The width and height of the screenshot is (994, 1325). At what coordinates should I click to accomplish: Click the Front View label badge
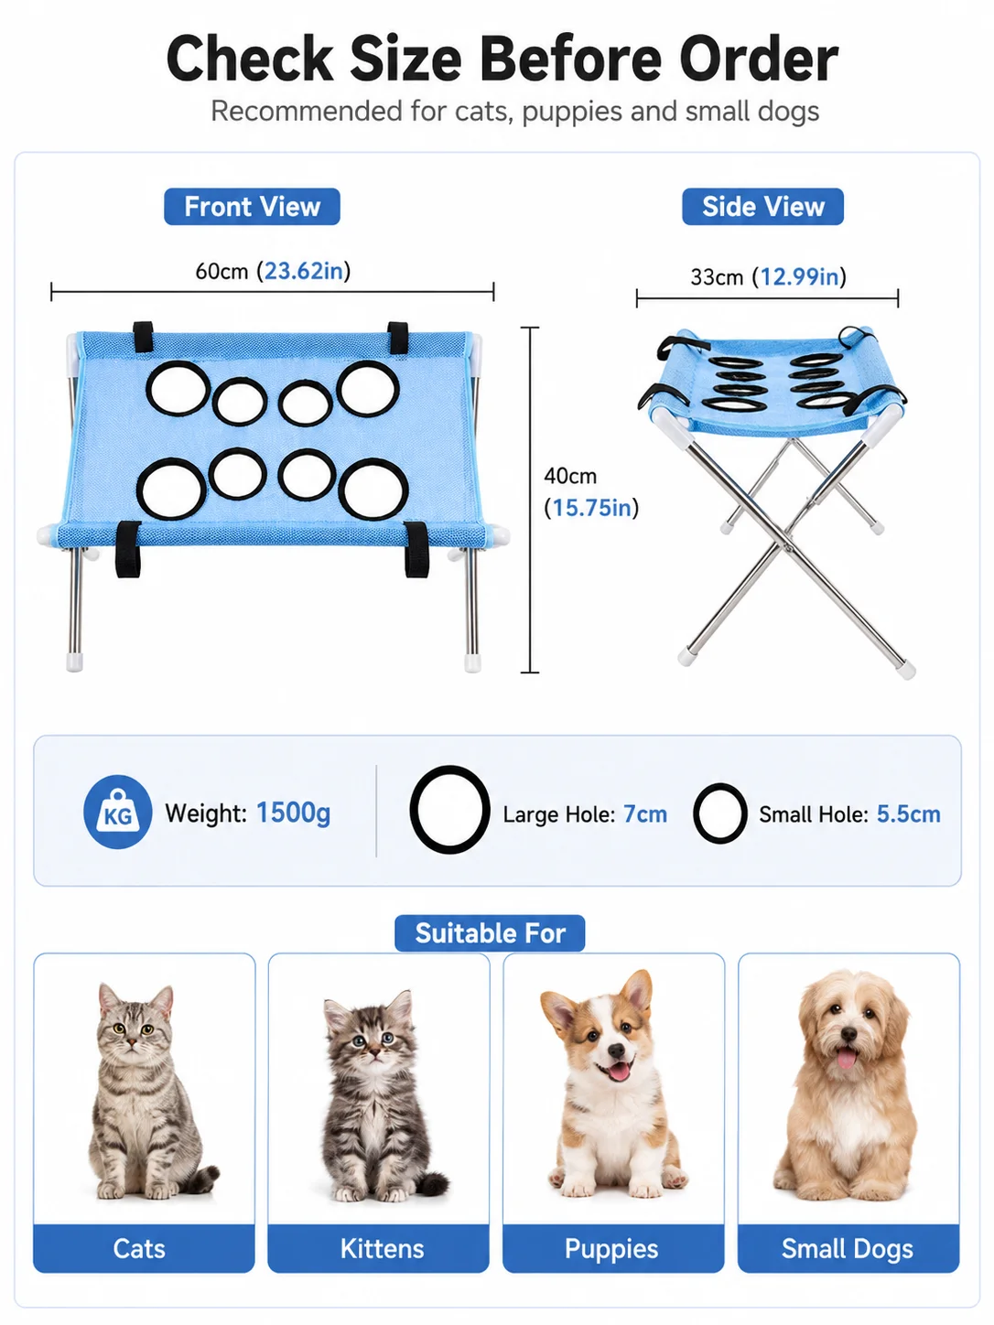pyautogui.click(x=252, y=207)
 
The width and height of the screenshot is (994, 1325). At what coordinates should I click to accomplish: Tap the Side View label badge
pyautogui.click(x=762, y=207)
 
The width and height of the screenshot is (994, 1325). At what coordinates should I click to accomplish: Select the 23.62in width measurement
pyautogui.click(x=304, y=271)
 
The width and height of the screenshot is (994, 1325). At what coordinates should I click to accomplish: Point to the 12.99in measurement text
pyautogui.click(x=799, y=277)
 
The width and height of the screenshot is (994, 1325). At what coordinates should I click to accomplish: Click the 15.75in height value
pyautogui.click(x=591, y=508)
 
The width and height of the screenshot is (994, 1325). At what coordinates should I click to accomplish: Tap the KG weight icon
pyautogui.click(x=118, y=812)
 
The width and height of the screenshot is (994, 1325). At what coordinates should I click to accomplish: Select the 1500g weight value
pyautogui.click(x=293, y=813)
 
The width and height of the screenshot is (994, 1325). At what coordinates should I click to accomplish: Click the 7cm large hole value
pyautogui.click(x=645, y=814)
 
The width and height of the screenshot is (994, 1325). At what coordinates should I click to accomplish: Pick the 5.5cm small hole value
pyautogui.click(x=908, y=814)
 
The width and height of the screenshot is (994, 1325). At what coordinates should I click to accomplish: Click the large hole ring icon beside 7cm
pyautogui.click(x=413, y=810)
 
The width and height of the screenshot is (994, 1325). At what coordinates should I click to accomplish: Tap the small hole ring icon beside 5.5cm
pyautogui.click(x=696, y=813)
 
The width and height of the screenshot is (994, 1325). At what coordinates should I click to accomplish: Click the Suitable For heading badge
pyautogui.click(x=490, y=933)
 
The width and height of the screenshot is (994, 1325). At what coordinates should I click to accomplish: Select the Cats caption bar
pyautogui.click(x=144, y=1248)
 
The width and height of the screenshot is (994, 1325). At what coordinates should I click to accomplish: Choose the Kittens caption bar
pyautogui.click(x=378, y=1248)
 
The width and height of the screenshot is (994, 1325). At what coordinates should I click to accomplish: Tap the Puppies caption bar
pyautogui.click(x=613, y=1248)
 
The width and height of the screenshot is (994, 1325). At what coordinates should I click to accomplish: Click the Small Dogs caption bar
pyautogui.click(x=848, y=1248)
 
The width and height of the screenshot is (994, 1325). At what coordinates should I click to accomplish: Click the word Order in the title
pyautogui.click(x=759, y=59)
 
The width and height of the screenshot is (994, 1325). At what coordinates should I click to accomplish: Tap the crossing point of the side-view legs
pyautogui.click(x=787, y=533)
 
